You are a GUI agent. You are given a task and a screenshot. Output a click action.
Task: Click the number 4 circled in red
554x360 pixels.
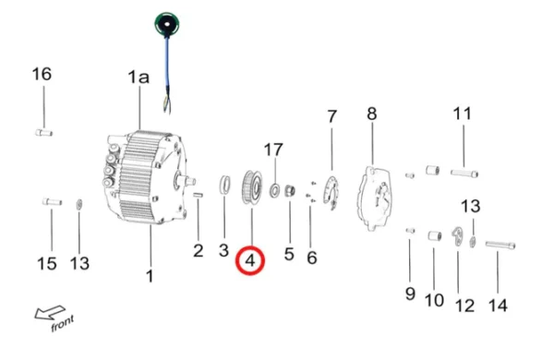(x=250, y=262)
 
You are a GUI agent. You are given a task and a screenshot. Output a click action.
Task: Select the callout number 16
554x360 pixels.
(x=43, y=74)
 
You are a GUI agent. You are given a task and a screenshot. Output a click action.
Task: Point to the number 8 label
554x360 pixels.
(x=371, y=114)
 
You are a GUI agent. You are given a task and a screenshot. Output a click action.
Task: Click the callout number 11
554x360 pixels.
(x=462, y=114)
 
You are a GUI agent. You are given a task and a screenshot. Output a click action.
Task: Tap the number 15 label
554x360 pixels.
(x=46, y=265)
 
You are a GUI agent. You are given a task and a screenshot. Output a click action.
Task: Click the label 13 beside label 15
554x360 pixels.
(x=80, y=265)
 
